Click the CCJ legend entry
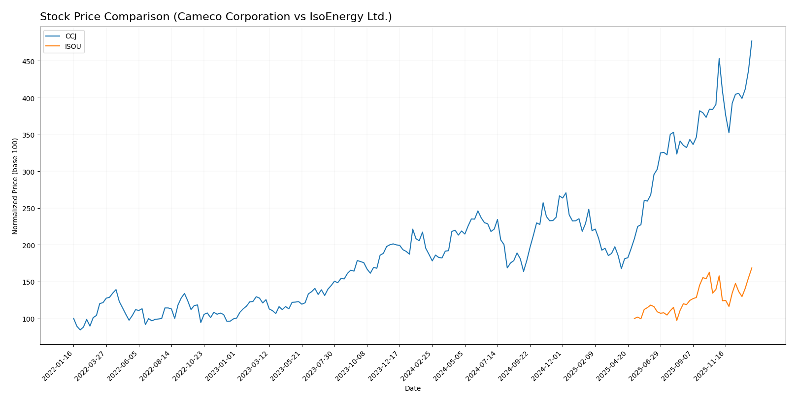point(71,36)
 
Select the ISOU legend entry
point(73,46)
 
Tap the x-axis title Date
point(412,389)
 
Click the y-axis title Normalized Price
point(15,186)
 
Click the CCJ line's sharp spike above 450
point(719,59)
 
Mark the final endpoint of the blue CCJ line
point(752,41)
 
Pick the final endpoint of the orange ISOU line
point(752,268)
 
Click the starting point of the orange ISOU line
point(634,319)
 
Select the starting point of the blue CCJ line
point(73,318)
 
